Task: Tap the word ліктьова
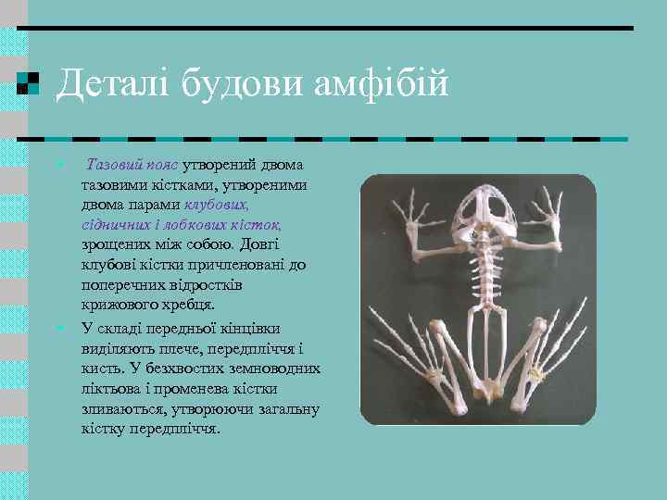(x=112, y=389)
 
